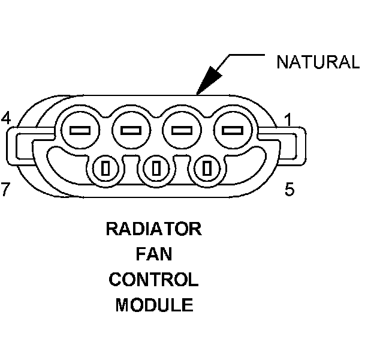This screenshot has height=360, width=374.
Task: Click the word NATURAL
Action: (x=318, y=62)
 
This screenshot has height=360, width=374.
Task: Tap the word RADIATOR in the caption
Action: (x=154, y=229)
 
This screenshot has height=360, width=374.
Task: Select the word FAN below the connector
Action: (x=154, y=254)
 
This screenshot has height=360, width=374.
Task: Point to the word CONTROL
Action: (x=154, y=280)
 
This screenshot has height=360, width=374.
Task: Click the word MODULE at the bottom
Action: (x=154, y=305)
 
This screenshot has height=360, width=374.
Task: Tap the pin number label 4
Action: (x=6, y=118)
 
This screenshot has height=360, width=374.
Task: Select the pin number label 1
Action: (x=288, y=120)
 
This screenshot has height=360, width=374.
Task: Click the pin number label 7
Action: (x=5, y=189)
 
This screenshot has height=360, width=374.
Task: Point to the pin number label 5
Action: (x=289, y=189)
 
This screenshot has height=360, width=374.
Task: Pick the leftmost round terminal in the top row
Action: (x=80, y=130)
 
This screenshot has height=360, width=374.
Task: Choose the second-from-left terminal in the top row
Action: (x=131, y=130)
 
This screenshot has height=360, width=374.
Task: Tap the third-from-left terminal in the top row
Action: (x=182, y=130)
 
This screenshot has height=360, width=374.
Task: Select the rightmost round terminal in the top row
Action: (x=233, y=130)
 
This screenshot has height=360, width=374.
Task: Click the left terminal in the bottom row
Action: (x=105, y=169)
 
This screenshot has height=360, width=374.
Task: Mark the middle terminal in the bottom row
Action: (x=156, y=169)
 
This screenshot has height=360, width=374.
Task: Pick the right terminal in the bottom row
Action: (x=207, y=169)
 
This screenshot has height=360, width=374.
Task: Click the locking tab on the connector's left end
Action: (x=12, y=146)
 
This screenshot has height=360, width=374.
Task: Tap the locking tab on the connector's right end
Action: (x=301, y=146)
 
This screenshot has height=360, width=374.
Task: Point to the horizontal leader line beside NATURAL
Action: (x=247, y=55)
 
